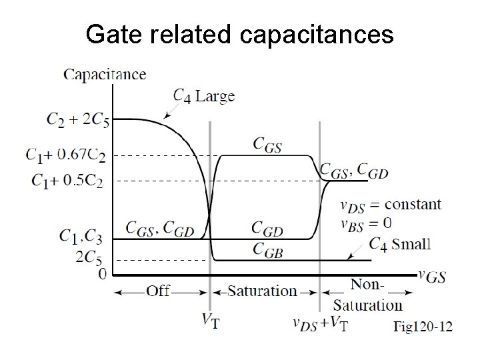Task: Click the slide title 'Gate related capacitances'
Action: [x=240, y=35]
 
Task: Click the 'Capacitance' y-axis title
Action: [x=105, y=74]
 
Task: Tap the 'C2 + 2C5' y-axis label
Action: [x=79, y=120]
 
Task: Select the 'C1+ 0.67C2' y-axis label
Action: [x=65, y=155]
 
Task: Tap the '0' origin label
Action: [x=102, y=273]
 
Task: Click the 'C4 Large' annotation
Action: [x=203, y=96]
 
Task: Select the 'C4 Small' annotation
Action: [x=400, y=244]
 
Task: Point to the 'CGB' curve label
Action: [x=267, y=249]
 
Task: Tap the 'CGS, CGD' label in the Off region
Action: [x=161, y=229]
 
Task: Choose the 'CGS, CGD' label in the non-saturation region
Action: [x=354, y=172]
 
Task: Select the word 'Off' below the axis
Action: [x=159, y=291]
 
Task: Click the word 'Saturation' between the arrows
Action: [x=262, y=291]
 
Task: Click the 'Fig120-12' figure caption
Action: [x=422, y=327]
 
